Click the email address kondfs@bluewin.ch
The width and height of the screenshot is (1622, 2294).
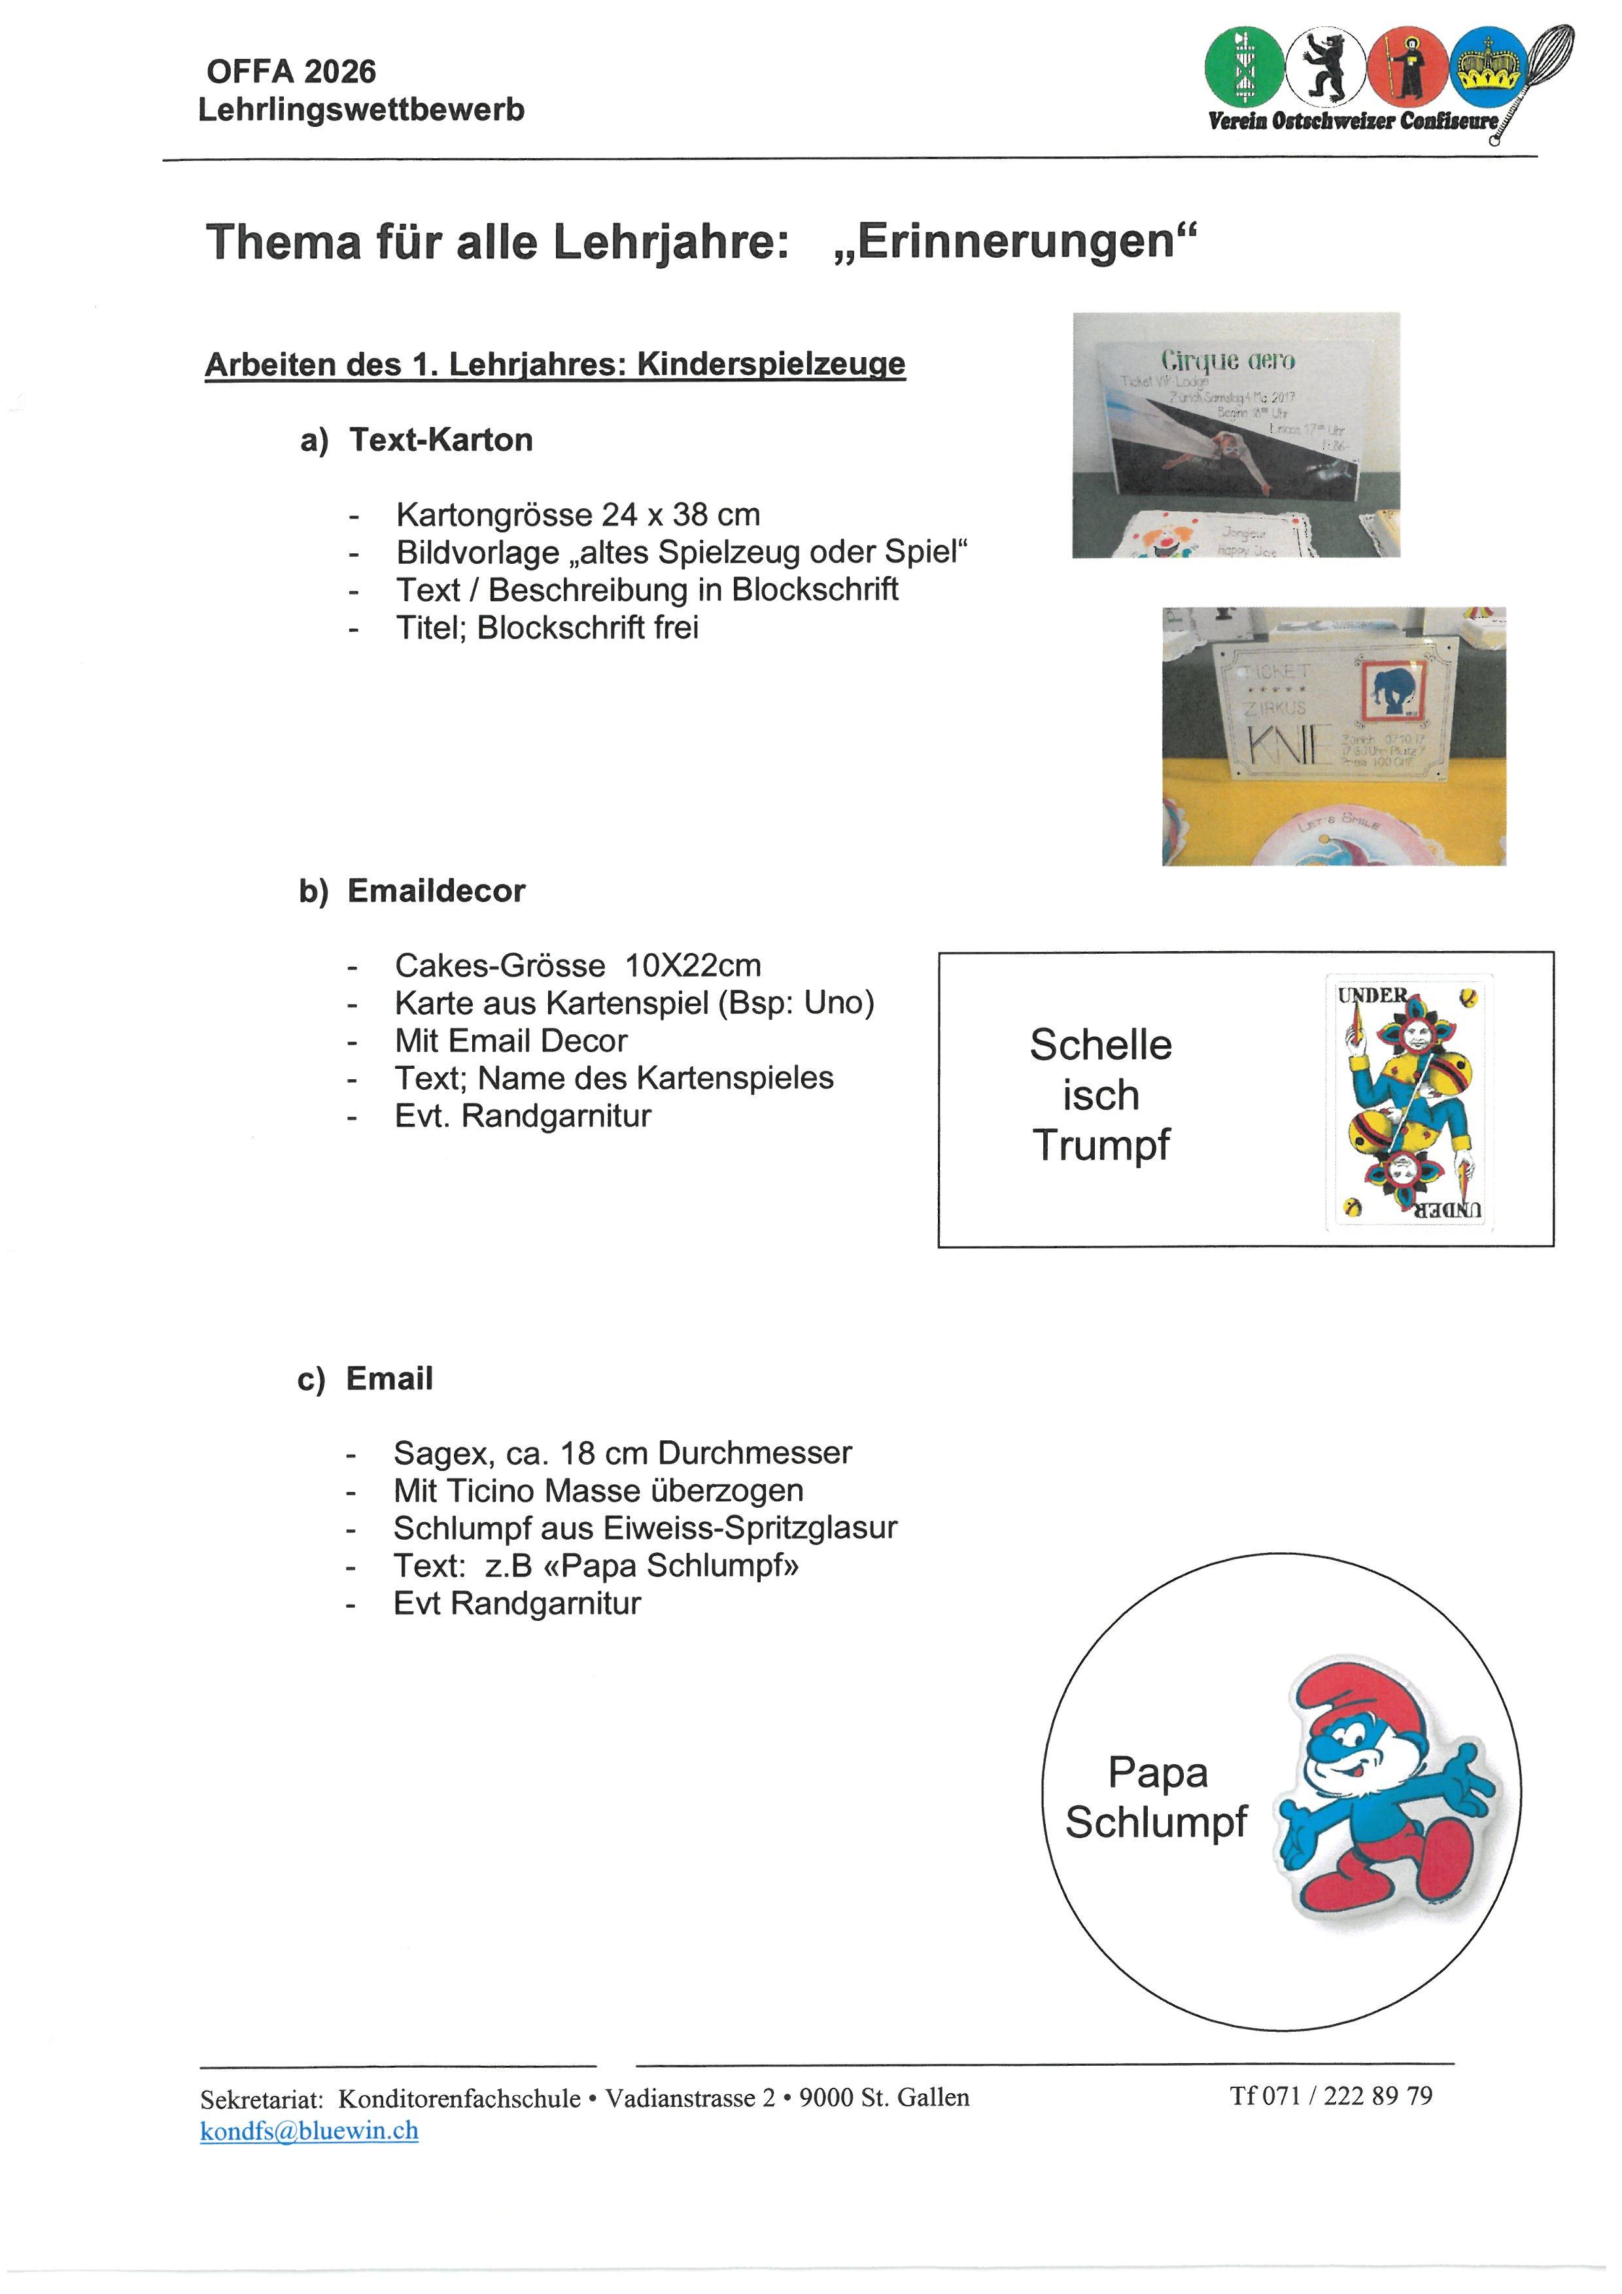[309, 2131]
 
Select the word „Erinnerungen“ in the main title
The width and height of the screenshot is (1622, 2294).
[1015, 242]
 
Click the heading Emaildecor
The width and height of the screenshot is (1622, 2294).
[436, 890]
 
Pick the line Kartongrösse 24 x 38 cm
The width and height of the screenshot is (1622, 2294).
[578, 515]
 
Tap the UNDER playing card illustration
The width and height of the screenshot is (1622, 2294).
[1409, 1100]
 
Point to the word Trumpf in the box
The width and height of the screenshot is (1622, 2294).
[1101, 1145]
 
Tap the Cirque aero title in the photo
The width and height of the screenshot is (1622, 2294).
[1228, 360]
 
